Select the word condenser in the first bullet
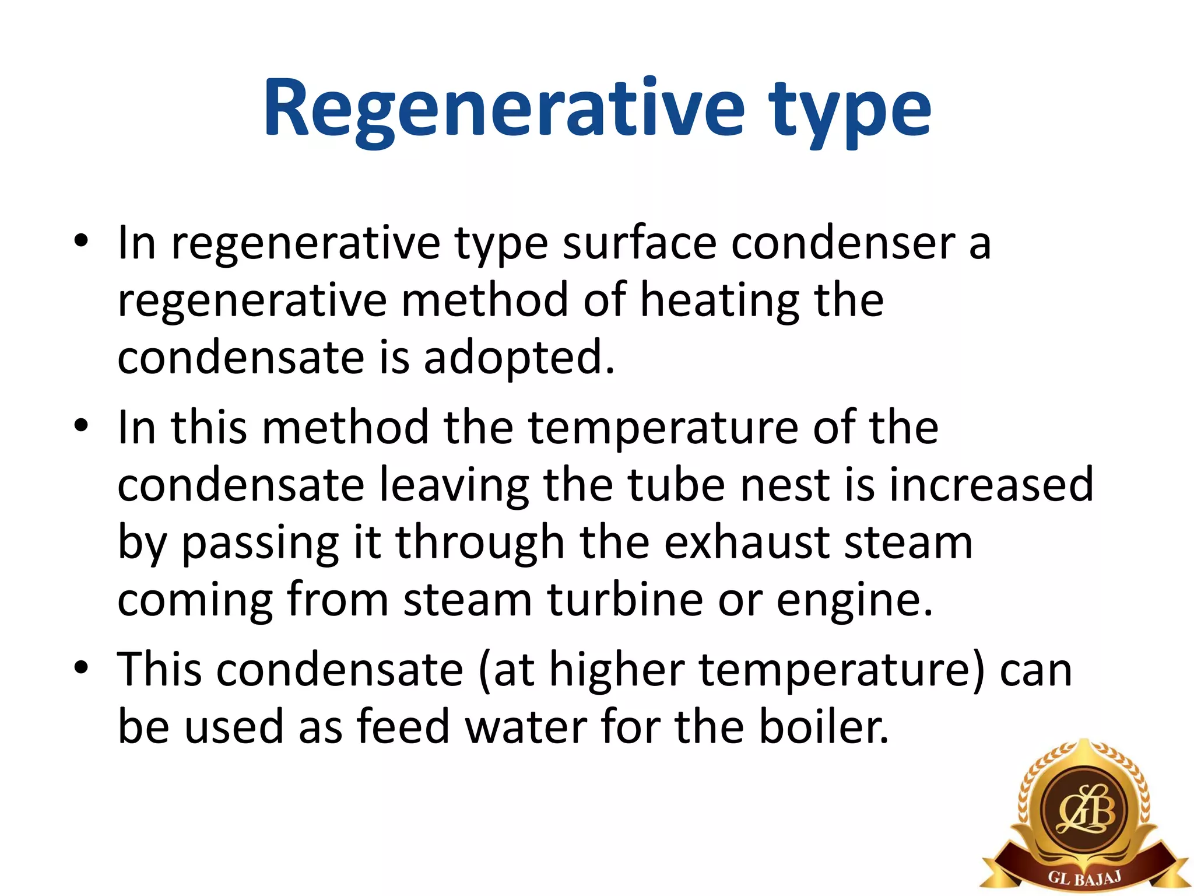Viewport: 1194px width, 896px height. pyautogui.click(x=842, y=243)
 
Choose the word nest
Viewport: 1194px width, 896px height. pyautogui.click(x=784, y=485)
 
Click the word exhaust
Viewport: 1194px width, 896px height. pyautogui.click(x=746, y=542)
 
